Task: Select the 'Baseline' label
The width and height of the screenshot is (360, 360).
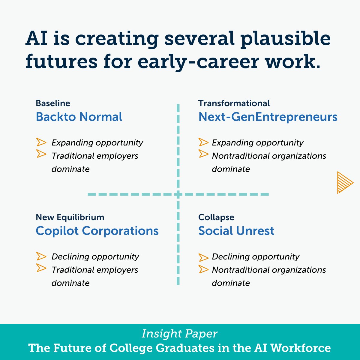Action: pyautogui.click(x=53, y=103)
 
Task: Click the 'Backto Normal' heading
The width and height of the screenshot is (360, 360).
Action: pyautogui.click(x=79, y=117)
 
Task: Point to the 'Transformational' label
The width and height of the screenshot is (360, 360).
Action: pyautogui.click(x=234, y=103)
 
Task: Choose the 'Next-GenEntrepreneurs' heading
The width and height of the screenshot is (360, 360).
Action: pyautogui.click(x=268, y=117)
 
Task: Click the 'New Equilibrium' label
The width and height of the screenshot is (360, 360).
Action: pyautogui.click(x=70, y=217)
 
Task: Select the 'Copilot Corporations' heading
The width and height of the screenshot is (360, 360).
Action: pyautogui.click(x=97, y=231)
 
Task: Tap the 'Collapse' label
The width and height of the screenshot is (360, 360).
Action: pyautogui.click(x=216, y=217)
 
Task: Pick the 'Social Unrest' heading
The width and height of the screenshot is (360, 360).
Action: pyautogui.click(x=236, y=231)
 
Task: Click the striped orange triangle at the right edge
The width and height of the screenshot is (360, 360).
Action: pyautogui.click(x=344, y=182)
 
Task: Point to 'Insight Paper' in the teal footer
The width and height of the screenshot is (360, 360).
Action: pyautogui.click(x=179, y=334)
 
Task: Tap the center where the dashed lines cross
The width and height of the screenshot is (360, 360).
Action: pyautogui.click(x=178, y=194)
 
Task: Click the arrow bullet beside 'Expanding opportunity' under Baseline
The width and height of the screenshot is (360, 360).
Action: pyautogui.click(x=41, y=142)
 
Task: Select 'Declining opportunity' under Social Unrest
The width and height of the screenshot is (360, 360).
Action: pyautogui.click(x=256, y=256)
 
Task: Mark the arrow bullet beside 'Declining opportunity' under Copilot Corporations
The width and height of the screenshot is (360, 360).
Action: pyautogui.click(x=41, y=256)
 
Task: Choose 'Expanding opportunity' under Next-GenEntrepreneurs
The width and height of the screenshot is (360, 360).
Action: pyautogui.click(x=257, y=142)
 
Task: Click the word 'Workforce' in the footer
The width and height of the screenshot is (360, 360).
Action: pyautogui.click(x=301, y=348)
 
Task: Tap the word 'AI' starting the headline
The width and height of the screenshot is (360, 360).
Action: pyautogui.click(x=37, y=39)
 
